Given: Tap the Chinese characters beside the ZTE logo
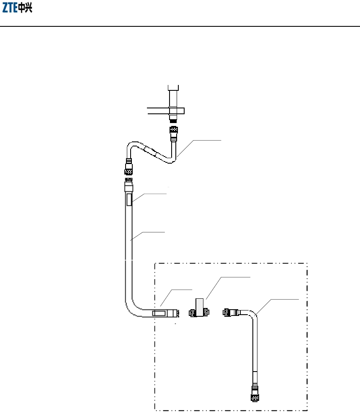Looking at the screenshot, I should click(x=26, y=8).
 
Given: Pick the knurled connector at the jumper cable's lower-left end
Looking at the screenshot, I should click(x=129, y=169).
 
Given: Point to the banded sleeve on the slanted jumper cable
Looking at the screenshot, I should click(x=150, y=151).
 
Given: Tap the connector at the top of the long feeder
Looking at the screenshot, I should click(x=129, y=185).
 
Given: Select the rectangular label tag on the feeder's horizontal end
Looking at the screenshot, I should click(x=159, y=313).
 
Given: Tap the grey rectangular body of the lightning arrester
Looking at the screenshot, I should click(x=200, y=304).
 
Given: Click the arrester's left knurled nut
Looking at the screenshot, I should click(x=193, y=313).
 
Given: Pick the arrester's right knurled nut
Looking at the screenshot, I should click(x=206, y=313).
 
